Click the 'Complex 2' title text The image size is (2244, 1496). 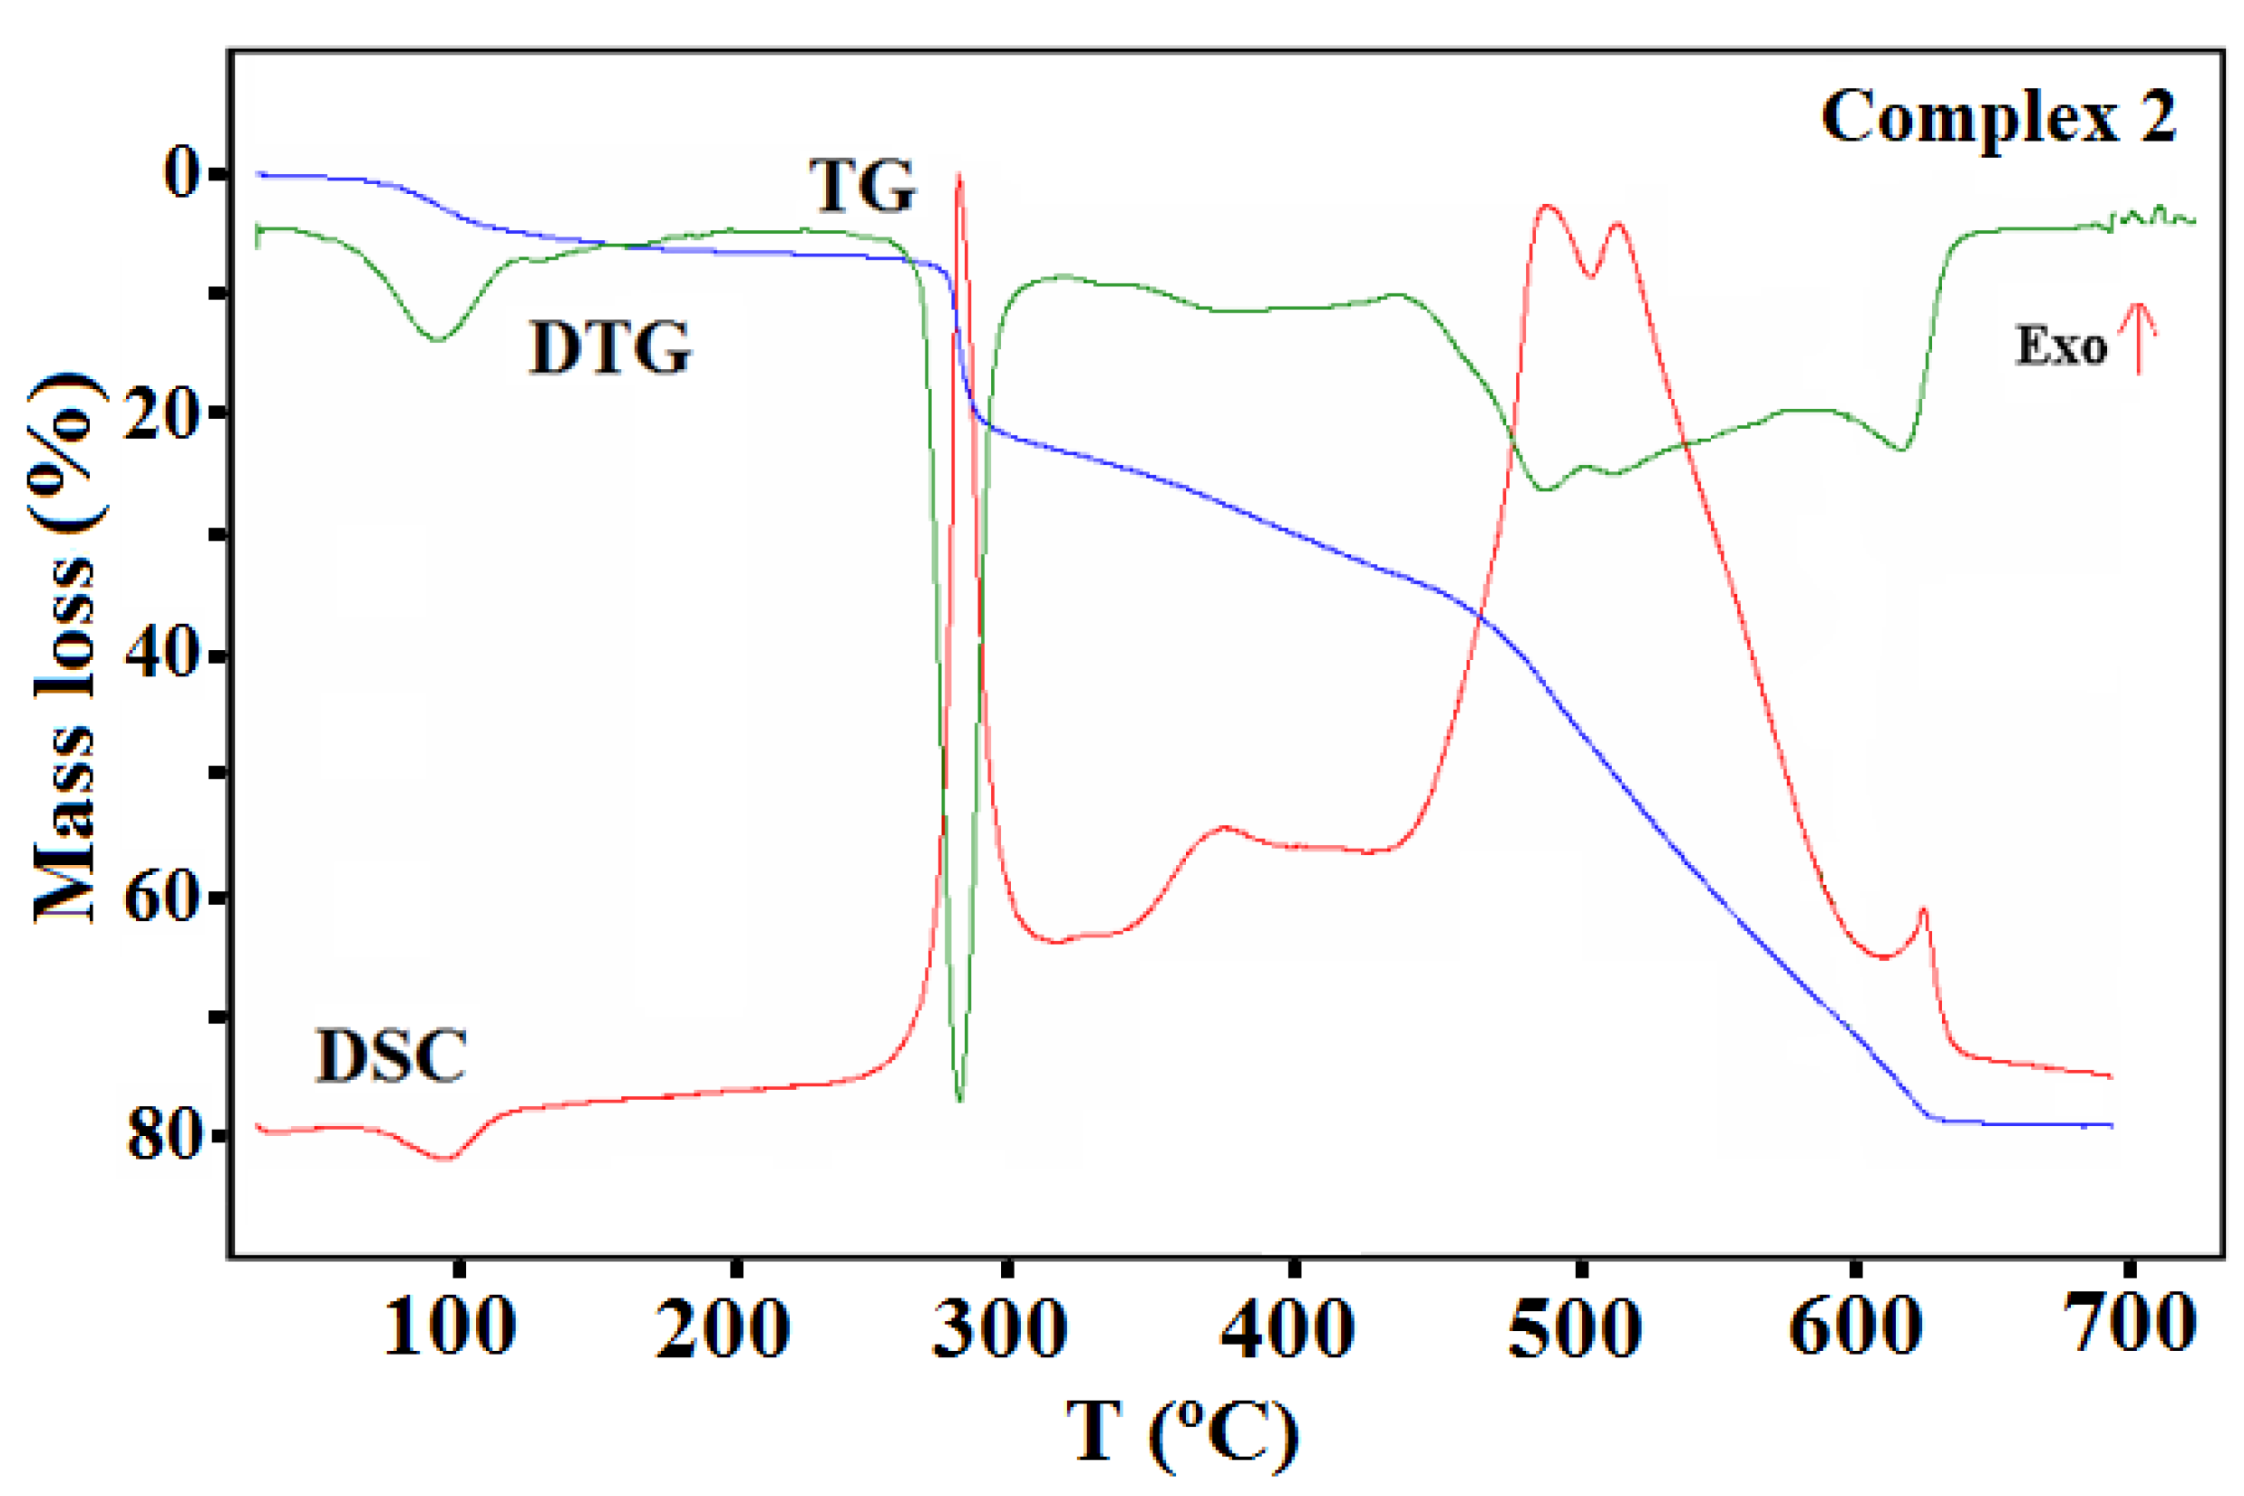click(x=1998, y=118)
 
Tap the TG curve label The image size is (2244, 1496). click(x=863, y=186)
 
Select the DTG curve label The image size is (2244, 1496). click(x=610, y=348)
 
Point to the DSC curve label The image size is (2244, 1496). click(x=391, y=1056)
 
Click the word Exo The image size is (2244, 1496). click(x=2061, y=346)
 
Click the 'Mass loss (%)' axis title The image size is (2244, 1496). click(x=65, y=649)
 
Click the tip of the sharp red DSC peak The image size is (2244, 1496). click(x=959, y=175)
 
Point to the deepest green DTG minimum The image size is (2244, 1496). click(x=960, y=1100)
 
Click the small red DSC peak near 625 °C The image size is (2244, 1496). click(x=1924, y=908)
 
